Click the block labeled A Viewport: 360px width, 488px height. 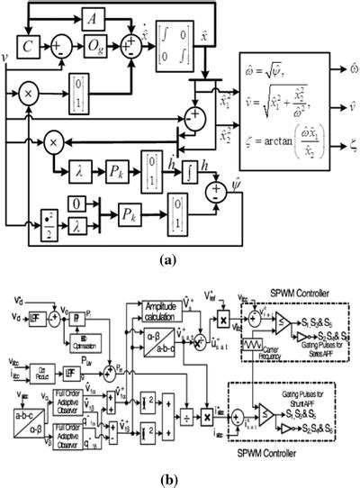[x=93, y=18]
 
